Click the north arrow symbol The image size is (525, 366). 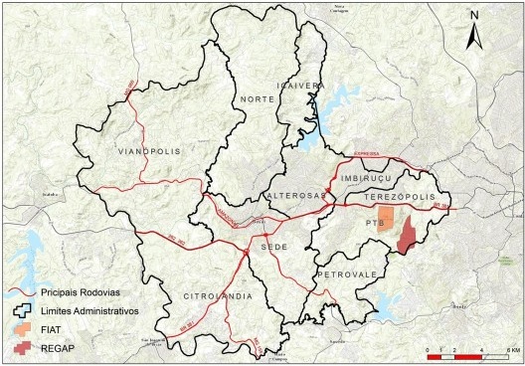476,30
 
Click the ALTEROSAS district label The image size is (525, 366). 295,197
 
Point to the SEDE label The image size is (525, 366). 273,243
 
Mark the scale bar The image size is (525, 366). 467,351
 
